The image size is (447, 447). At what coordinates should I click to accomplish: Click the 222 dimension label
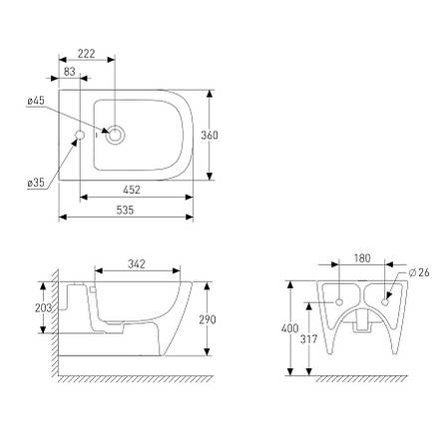point(87,54)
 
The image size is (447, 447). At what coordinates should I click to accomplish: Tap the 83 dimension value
point(70,72)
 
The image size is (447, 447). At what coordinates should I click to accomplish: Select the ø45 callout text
point(36,101)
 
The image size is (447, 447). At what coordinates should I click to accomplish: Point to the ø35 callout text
point(36,183)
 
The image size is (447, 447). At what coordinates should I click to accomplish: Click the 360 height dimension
point(210,135)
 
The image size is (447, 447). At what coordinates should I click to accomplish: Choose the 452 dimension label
point(132,190)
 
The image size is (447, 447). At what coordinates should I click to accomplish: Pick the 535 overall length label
point(125,210)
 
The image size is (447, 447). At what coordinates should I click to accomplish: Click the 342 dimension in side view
point(137,264)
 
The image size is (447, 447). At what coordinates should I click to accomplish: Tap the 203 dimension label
point(44,308)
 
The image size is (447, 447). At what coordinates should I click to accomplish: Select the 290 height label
point(208,319)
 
